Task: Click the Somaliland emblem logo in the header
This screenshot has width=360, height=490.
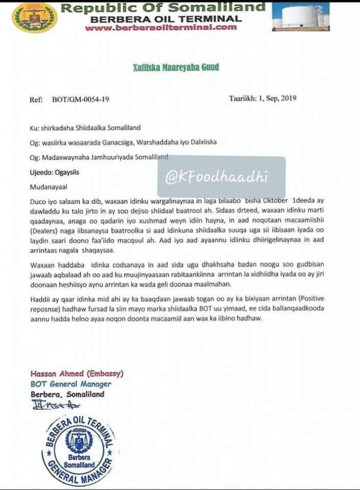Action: coord(35,17)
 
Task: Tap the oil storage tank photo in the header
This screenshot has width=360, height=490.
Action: coord(301,17)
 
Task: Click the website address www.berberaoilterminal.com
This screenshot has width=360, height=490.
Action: coord(161,27)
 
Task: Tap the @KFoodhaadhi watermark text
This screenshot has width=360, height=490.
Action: coord(217,177)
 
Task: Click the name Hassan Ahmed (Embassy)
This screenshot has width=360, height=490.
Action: coord(77,374)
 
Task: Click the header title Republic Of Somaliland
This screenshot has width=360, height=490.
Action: coord(163,8)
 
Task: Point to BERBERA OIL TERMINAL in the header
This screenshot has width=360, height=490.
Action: coord(166,19)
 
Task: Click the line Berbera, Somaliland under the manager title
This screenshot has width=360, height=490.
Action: coord(67,394)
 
